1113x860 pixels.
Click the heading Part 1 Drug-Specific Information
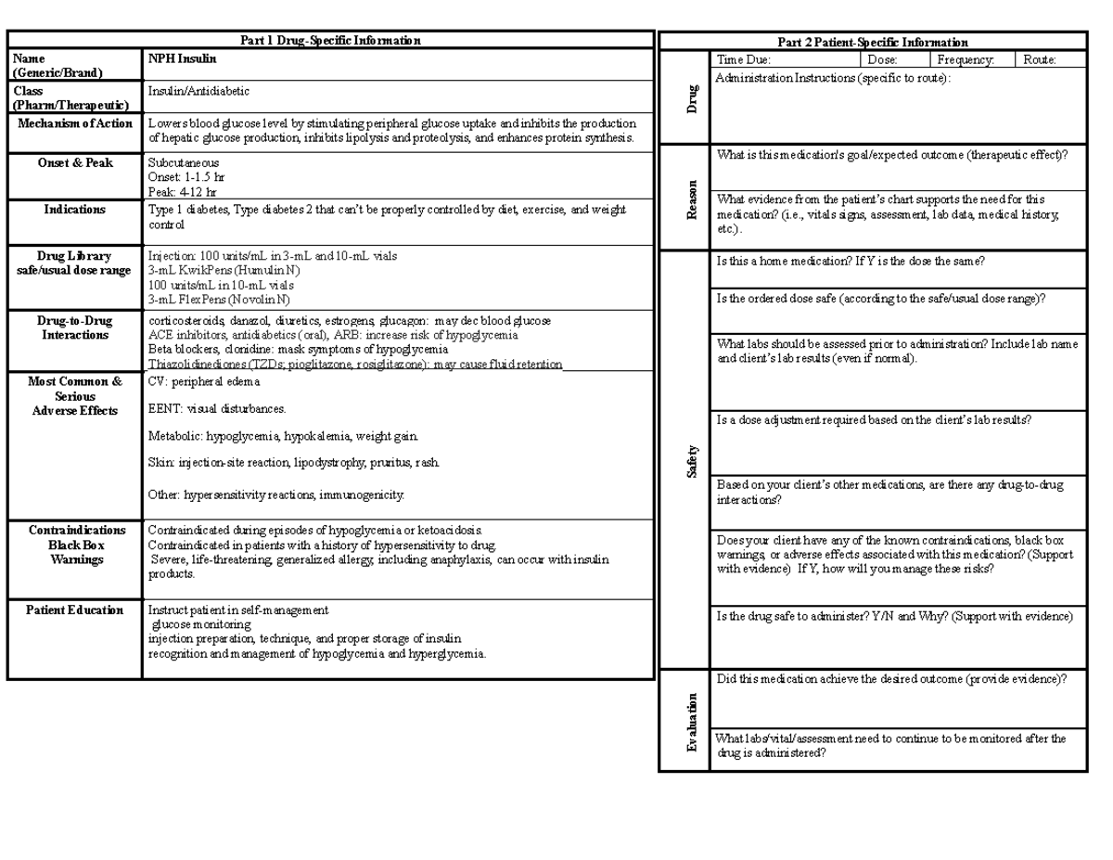330,41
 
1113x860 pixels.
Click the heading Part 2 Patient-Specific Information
872,43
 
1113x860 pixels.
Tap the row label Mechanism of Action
73,123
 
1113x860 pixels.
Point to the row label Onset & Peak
74,163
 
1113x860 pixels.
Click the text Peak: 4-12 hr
183,192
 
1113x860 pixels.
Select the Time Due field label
743,59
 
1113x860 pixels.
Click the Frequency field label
966,59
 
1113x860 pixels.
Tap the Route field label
1040,59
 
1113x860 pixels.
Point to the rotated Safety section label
691,461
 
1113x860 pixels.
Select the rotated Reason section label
691,199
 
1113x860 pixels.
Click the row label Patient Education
74,610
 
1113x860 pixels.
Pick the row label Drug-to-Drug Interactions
74,327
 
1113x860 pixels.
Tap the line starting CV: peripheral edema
204,381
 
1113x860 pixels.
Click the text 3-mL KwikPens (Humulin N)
224,270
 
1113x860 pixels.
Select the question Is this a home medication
850,263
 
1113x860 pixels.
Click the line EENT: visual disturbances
217,408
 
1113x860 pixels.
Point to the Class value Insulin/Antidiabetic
198,92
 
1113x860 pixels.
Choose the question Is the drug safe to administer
894,617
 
